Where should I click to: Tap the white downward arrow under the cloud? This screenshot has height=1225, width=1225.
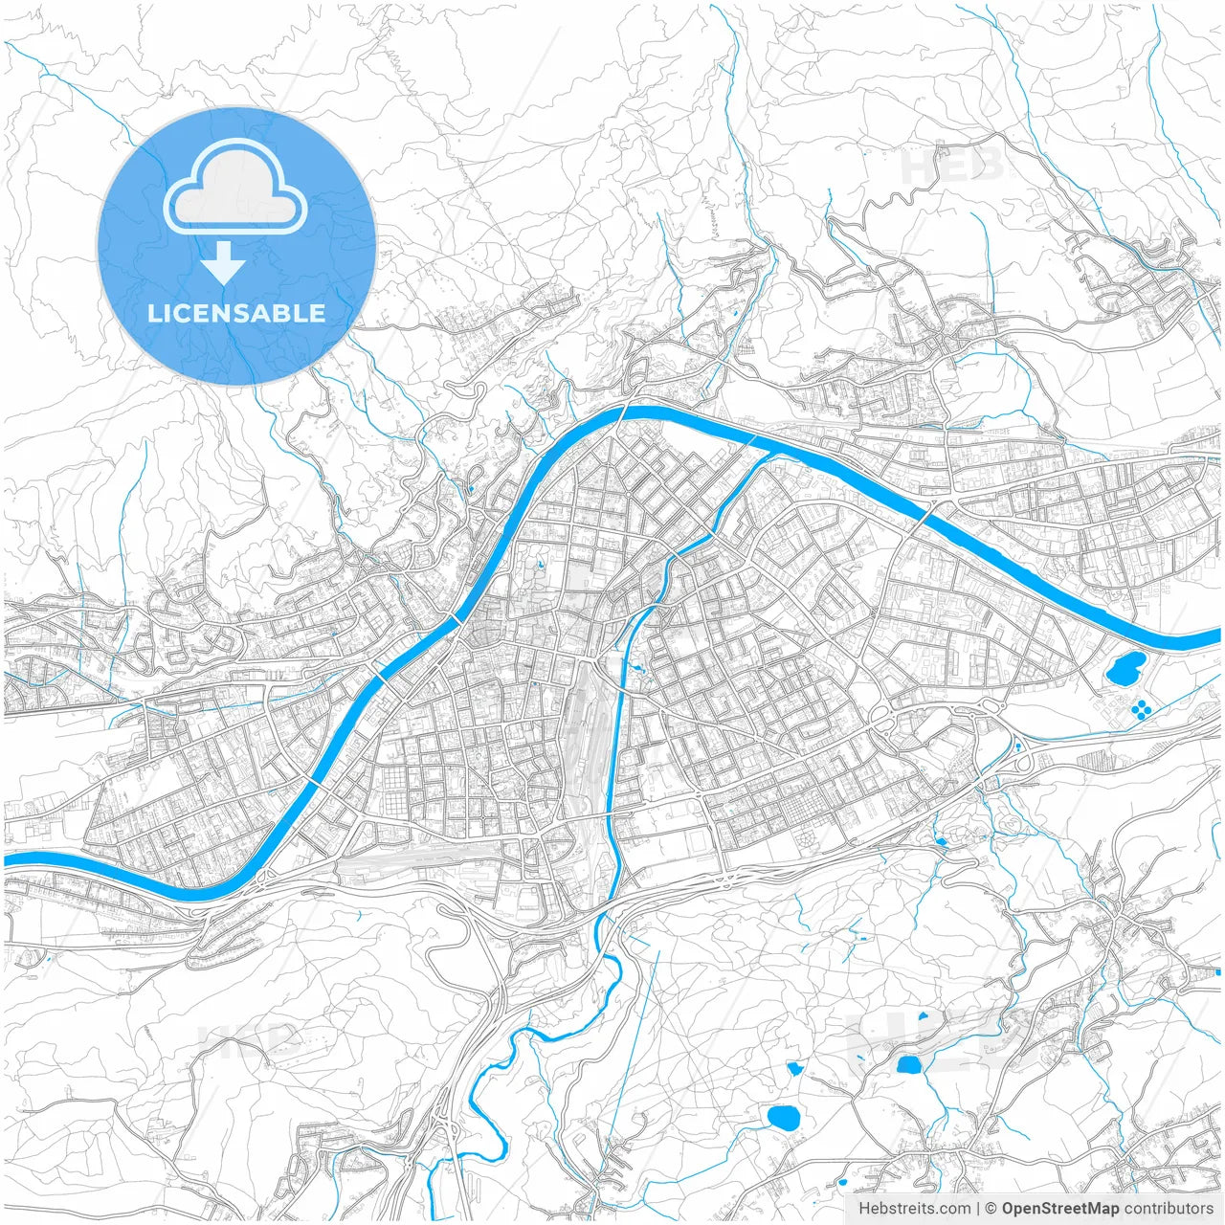pyautogui.click(x=223, y=262)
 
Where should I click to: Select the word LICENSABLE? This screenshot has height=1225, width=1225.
pyautogui.click(x=236, y=313)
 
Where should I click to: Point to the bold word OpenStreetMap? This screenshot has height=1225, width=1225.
pyautogui.click(x=1060, y=1209)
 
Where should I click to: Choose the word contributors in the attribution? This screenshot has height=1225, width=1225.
pyautogui.click(x=1169, y=1209)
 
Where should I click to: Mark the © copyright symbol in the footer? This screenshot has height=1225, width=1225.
pyautogui.click(x=991, y=1209)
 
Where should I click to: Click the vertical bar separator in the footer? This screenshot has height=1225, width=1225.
pyautogui.click(x=977, y=1209)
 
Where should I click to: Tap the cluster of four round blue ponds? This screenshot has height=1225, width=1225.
pyautogui.click(x=1142, y=709)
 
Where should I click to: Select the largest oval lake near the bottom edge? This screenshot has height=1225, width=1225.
pyautogui.click(x=784, y=1117)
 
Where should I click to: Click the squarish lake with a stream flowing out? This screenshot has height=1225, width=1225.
pyautogui.click(x=907, y=1063)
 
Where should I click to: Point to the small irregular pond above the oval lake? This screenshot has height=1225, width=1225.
pyautogui.click(x=793, y=1067)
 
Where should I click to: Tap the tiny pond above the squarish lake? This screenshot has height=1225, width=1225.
pyautogui.click(x=923, y=1015)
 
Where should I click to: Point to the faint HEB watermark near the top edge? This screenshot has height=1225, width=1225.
pyautogui.click(x=952, y=165)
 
